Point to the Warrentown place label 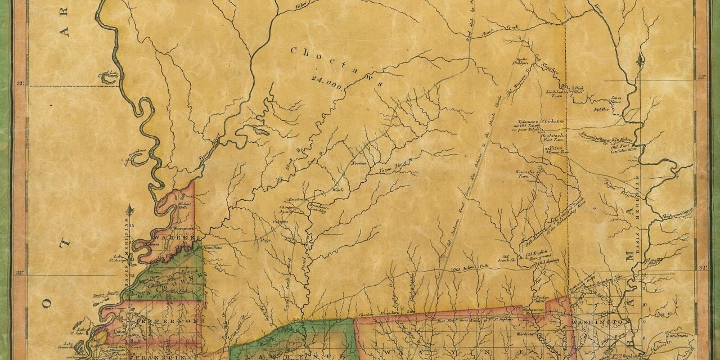[x=183, y=230]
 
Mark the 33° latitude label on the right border [x=701, y=75]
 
